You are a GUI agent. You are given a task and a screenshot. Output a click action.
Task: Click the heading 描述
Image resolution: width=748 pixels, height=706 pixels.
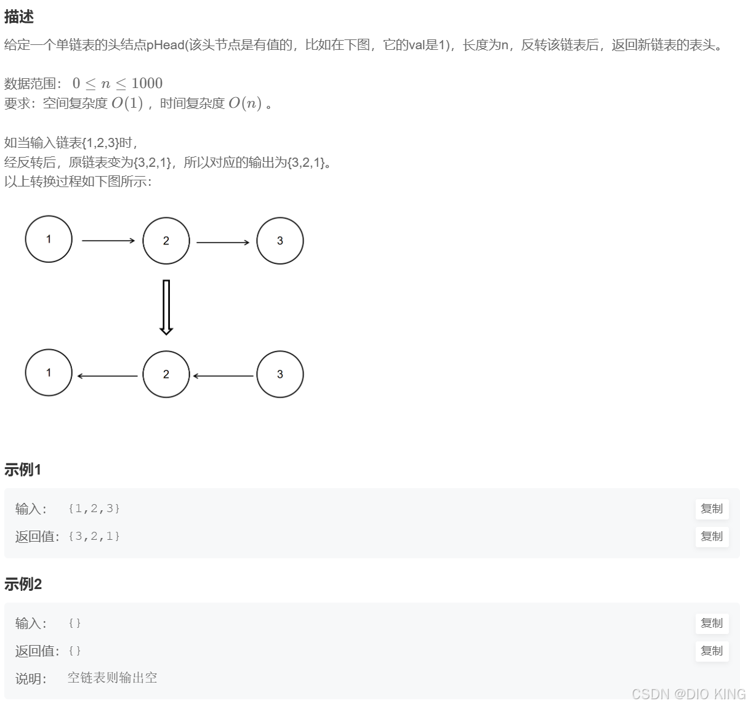18,17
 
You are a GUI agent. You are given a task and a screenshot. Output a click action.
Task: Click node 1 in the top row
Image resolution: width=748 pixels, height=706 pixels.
49,239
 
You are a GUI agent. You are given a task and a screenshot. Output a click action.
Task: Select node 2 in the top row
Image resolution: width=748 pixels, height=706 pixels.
166,241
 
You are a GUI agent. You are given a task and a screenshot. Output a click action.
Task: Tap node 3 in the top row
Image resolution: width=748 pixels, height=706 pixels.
280,241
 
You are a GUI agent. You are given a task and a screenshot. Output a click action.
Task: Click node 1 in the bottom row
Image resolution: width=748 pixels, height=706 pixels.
49,373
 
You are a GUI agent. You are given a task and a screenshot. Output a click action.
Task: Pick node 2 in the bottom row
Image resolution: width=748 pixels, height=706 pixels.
166,374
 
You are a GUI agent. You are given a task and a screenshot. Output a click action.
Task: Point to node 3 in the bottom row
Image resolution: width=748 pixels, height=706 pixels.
280,374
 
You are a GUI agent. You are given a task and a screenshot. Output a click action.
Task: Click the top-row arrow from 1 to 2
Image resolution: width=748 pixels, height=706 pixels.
108,241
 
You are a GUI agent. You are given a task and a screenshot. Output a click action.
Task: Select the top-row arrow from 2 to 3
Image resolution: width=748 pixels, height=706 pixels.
223,243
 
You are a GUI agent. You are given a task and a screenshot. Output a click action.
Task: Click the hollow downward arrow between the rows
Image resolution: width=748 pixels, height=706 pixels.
166,307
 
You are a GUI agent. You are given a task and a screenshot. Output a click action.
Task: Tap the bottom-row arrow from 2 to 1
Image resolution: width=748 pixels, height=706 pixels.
108,376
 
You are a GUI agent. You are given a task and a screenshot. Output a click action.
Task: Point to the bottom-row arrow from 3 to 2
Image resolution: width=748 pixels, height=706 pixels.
223,375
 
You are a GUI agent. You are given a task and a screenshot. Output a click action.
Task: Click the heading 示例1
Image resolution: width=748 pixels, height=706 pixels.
23,470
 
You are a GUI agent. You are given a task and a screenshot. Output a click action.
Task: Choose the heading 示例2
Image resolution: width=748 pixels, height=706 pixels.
23,584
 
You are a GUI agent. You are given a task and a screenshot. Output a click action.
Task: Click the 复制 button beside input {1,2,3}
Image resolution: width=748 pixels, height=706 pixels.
712,509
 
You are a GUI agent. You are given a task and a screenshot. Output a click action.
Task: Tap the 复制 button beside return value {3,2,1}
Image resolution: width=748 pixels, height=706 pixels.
712,537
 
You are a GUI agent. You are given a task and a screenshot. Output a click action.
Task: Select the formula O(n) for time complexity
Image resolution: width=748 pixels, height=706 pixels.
244,103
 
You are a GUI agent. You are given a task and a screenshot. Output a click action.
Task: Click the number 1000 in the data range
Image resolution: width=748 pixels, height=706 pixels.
147,84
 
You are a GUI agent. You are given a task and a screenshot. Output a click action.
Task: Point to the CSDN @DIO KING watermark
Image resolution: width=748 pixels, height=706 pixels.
688,694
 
